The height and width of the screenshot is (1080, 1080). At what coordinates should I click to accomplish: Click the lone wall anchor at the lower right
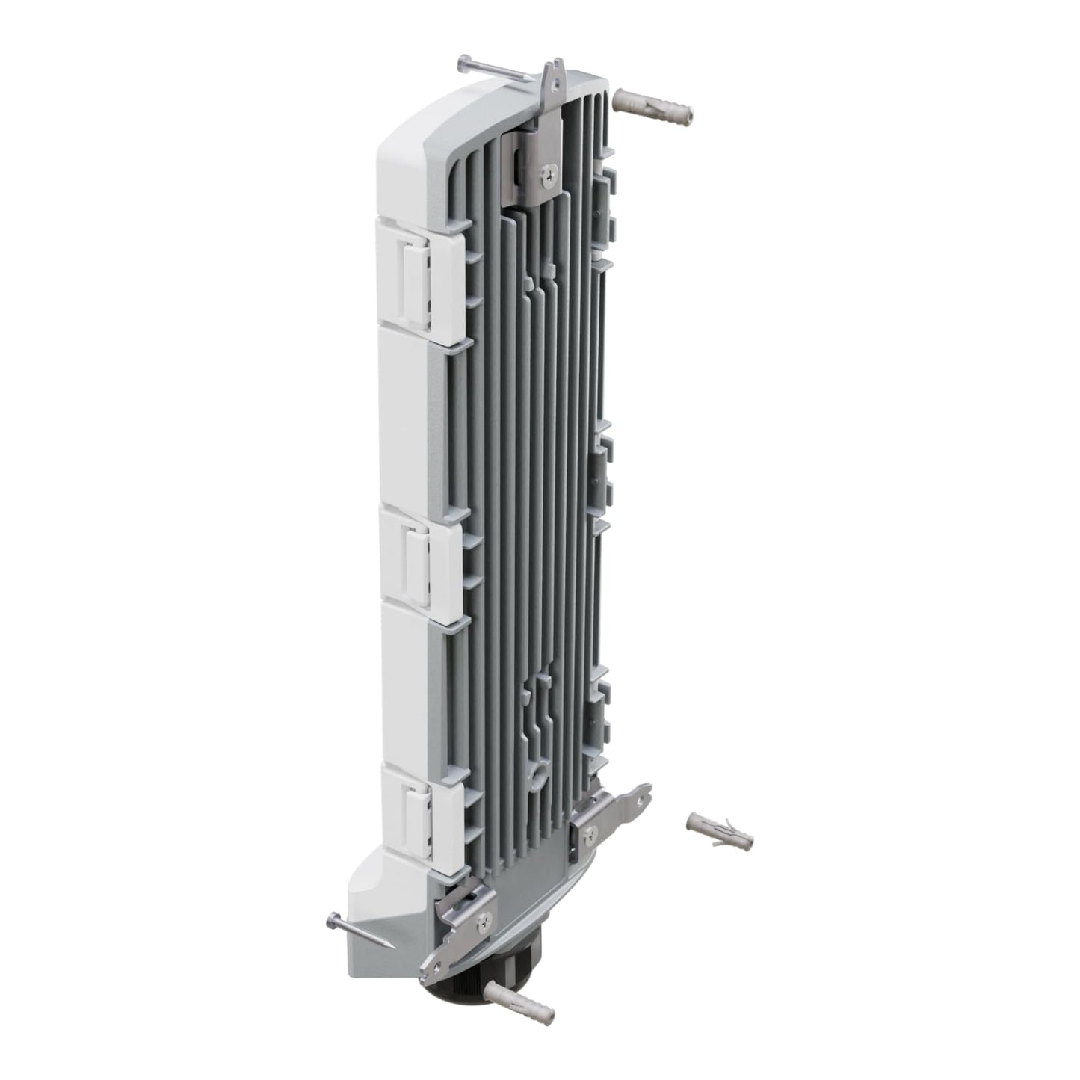[719, 831]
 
